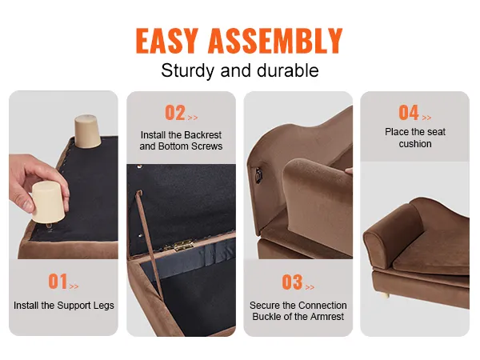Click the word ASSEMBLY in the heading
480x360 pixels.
pyautogui.click(x=281, y=41)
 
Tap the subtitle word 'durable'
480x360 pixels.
pyautogui.click(x=287, y=70)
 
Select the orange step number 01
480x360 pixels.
pyautogui.click(x=58, y=282)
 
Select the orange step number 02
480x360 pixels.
pyautogui.click(x=174, y=113)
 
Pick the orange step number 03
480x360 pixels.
pyautogui.click(x=291, y=282)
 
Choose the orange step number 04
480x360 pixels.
pyautogui.click(x=408, y=113)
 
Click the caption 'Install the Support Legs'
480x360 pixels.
pyautogui.click(x=64, y=306)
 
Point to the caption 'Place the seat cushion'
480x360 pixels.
pyautogui.click(x=414, y=138)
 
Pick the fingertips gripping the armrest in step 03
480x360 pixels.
pyautogui.click(x=346, y=170)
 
